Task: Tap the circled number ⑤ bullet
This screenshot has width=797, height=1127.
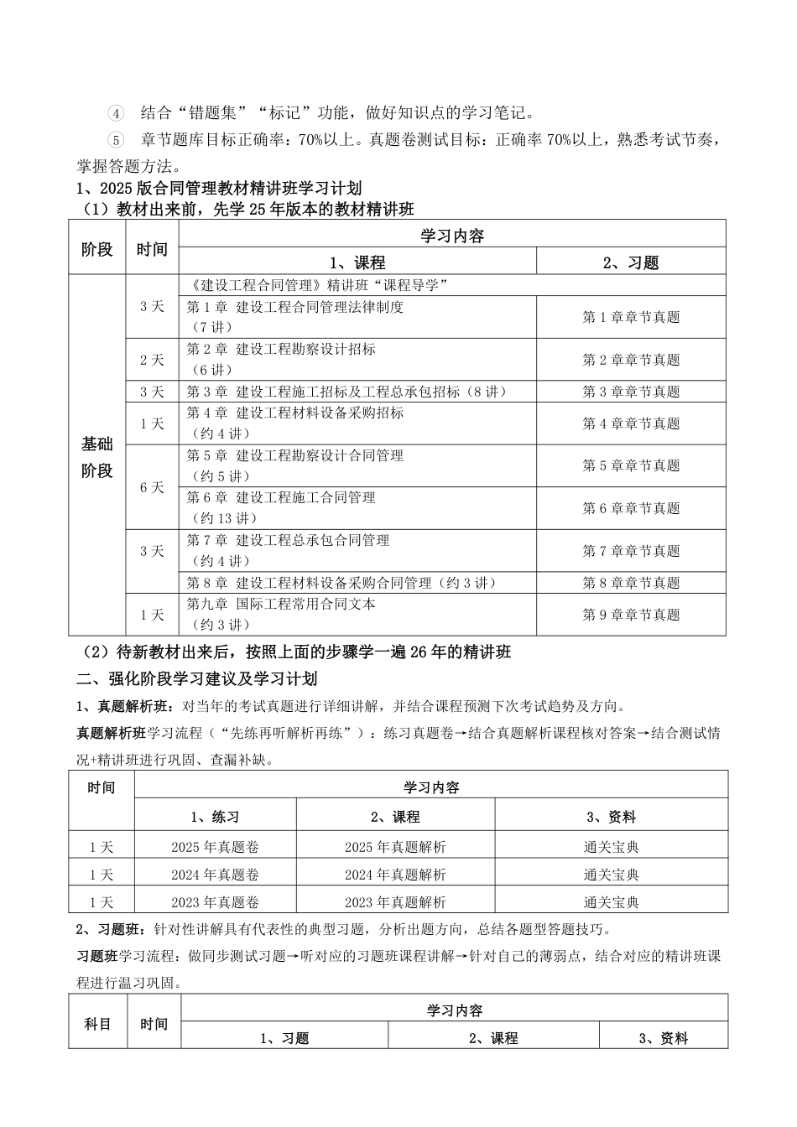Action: coord(116,139)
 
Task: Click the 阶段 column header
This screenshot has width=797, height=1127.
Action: coord(97,248)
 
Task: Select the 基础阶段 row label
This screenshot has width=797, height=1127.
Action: coord(97,457)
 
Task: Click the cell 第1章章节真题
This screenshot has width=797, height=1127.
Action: coord(631,317)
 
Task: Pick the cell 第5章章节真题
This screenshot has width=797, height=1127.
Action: coord(631,466)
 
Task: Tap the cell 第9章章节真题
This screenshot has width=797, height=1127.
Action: coord(631,615)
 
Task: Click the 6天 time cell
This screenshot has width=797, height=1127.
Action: coord(152,487)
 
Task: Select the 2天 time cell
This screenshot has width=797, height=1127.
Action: coord(152,360)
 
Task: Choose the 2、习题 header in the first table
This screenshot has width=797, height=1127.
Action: coord(631,262)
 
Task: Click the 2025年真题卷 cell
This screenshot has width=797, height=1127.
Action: coord(215,847)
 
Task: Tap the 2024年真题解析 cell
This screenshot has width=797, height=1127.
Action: coord(395,875)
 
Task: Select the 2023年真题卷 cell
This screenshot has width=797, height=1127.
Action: coord(215,902)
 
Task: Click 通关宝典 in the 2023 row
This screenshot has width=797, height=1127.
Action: coord(611,902)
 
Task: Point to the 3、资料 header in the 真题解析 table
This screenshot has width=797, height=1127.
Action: coord(611,817)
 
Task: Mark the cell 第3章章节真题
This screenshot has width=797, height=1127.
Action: coord(631,392)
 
